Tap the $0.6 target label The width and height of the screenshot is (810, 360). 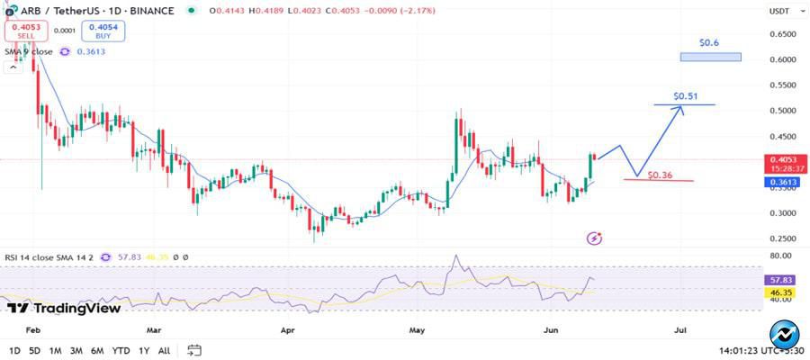710,43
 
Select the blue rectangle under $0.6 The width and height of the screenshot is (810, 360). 711,57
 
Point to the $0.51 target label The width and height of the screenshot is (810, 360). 686,96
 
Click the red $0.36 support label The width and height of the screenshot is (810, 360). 661,174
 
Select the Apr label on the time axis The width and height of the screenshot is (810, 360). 288,330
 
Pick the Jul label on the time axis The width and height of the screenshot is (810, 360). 680,330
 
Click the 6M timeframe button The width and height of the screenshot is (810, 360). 97,350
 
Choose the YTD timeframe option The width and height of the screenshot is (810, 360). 121,350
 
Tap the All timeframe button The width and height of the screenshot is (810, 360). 164,350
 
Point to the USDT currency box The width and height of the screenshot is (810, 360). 778,11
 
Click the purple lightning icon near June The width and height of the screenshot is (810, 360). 594,238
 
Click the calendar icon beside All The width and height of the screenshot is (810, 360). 193,350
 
